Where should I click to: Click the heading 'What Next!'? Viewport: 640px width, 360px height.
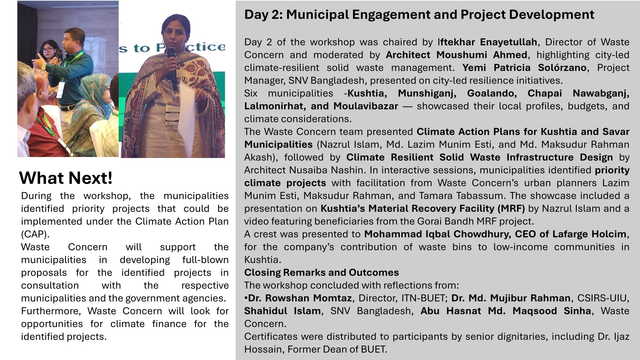(66, 178)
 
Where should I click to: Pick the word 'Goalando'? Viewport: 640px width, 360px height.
(492, 93)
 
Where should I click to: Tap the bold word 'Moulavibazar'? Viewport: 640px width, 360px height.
(366, 106)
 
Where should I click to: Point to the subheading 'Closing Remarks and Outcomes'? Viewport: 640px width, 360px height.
(321, 273)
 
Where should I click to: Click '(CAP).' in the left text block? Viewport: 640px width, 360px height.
(35, 234)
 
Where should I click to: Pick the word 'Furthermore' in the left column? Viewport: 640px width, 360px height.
(51, 311)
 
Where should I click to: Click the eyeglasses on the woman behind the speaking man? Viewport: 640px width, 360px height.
(48, 50)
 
